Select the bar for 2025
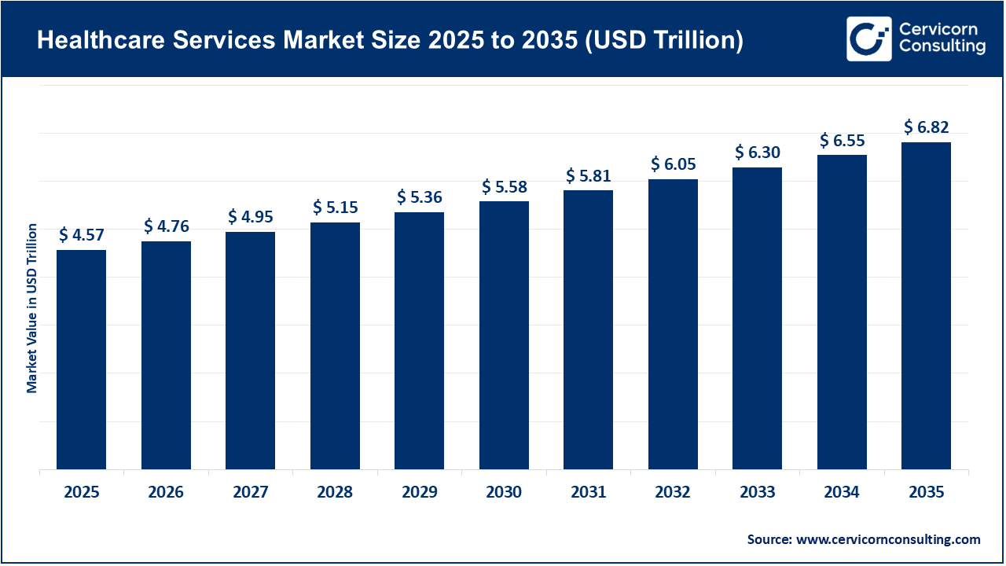click(x=81, y=360)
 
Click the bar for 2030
click(x=504, y=336)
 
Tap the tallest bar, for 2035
click(x=926, y=306)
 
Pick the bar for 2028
click(x=335, y=346)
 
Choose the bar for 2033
click(x=757, y=318)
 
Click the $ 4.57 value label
click(x=81, y=234)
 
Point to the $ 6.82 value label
click(x=926, y=127)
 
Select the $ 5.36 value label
click(x=419, y=197)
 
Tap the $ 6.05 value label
click(x=673, y=164)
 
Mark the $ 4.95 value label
click(x=250, y=215)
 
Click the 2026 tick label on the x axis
click(x=166, y=493)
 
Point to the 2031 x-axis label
click(x=588, y=493)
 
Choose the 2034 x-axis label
click(x=842, y=493)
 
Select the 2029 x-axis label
click(x=419, y=493)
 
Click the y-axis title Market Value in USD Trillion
click(x=32, y=308)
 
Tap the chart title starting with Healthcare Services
click(x=390, y=41)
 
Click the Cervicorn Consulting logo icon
click(x=868, y=39)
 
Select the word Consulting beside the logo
click(x=942, y=47)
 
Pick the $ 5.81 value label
click(x=588, y=175)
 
